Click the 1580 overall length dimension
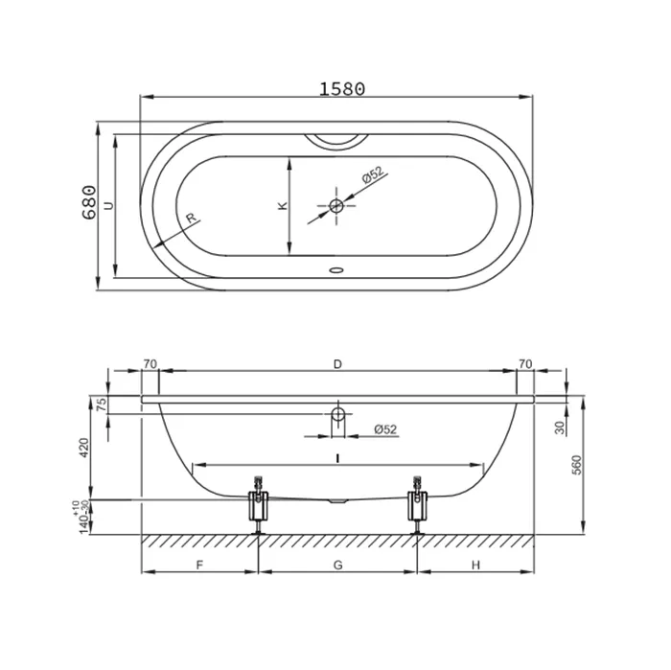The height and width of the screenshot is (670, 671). (x=342, y=88)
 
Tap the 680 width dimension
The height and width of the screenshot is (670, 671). (x=89, y=202)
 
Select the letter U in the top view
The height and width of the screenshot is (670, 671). (x=109, y=205)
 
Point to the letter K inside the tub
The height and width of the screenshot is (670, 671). (x=283, y=205)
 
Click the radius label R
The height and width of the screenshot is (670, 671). (x=191, y=218)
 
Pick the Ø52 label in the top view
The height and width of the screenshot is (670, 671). (x=372, y=174)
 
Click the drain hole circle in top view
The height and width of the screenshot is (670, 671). (x=336, y=206)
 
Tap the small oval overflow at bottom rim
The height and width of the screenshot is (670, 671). (x=336, y=270)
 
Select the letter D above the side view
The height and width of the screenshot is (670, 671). (x=337, y=364)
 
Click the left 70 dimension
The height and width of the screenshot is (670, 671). (x=150, y=364)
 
